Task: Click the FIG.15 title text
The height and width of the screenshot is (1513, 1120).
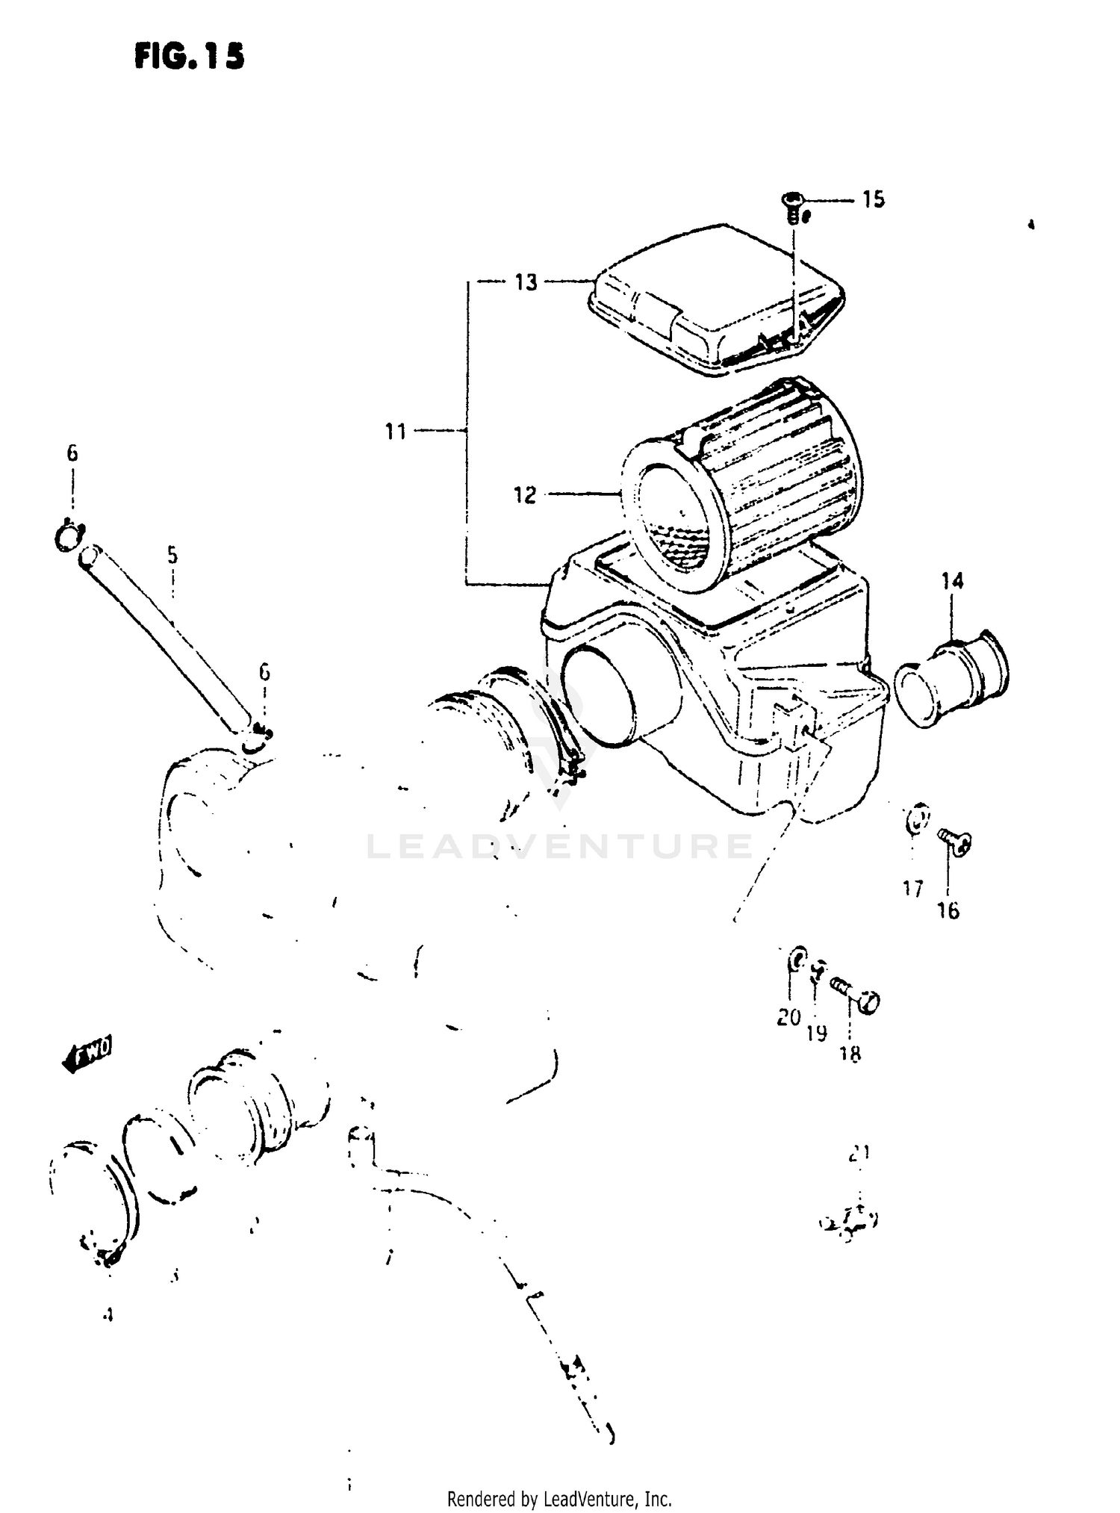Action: [190, 57]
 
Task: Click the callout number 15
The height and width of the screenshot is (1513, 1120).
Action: [873, 199]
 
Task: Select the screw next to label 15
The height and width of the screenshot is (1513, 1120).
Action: [794, 207]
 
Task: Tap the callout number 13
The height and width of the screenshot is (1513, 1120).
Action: [526, 282]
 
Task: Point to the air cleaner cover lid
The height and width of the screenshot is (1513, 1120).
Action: [717, 299]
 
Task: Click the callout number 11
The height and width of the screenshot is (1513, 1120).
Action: [395, 431]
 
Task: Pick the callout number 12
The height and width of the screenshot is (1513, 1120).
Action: [525, 494]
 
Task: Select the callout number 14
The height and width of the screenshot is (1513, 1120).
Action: [952, 580]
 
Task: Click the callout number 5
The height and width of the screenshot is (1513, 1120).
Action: [172, 555]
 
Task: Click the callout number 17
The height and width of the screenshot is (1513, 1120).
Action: [912, 889]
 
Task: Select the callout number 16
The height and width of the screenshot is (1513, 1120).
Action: [948, 910]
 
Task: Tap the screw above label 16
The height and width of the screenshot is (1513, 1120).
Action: [953, 842]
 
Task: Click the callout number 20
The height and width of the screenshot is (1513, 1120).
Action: [788, 1017]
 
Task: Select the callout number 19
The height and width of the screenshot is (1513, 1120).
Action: [817, 1034]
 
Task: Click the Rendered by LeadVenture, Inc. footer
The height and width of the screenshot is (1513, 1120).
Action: [559, 1498]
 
